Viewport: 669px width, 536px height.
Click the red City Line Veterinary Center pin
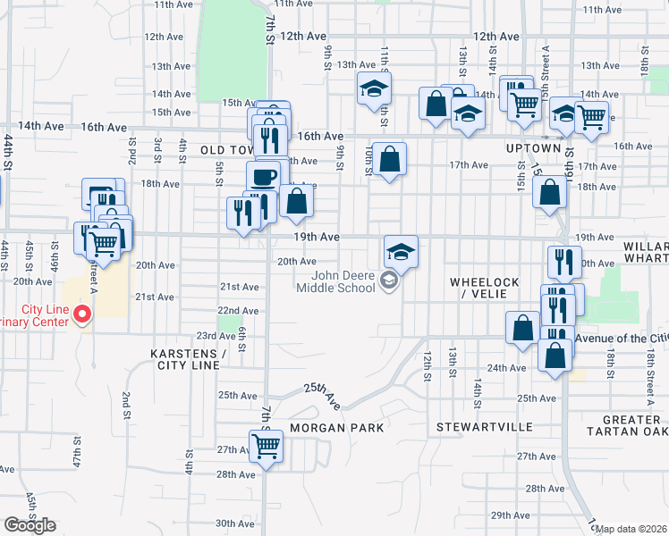coord(81,314)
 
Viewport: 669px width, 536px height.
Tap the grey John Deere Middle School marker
coord(388,282)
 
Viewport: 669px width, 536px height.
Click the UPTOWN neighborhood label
coord(534,147)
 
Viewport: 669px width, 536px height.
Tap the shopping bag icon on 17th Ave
coord(389,160)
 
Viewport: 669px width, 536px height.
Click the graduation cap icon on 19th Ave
coord(402,251)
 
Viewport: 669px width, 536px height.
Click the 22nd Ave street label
coord(238,310)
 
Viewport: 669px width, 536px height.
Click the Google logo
coord(29,524)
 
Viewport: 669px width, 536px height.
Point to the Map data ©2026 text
coord(631,529)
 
